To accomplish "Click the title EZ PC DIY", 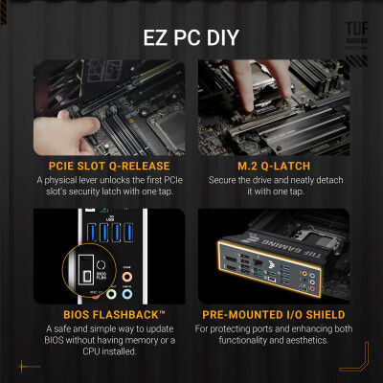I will coord(191,40).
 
